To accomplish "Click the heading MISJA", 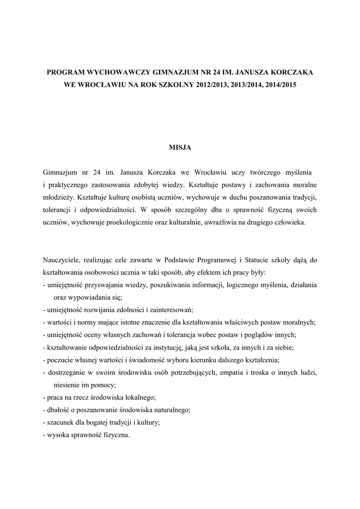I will (180, 147).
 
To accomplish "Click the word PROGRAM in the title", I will (66, 73).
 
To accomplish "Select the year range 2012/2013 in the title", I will (205, 85).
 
